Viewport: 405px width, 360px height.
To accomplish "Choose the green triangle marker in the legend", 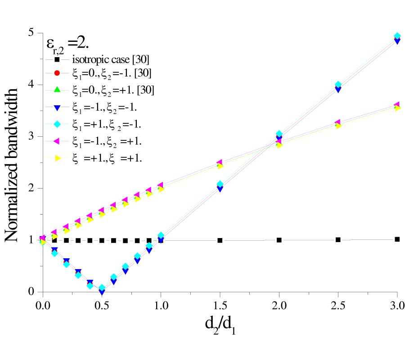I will (x=63, y=90).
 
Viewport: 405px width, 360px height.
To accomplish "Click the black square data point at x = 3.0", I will (x=397, y=239).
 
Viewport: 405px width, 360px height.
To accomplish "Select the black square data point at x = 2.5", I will (x=338, y=240).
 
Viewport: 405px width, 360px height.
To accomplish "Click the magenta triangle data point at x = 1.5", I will (x=220, y=162).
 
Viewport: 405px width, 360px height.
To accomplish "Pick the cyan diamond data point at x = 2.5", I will (x=338, y=85).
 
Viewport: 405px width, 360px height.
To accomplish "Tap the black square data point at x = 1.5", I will (x=220, y=240).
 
